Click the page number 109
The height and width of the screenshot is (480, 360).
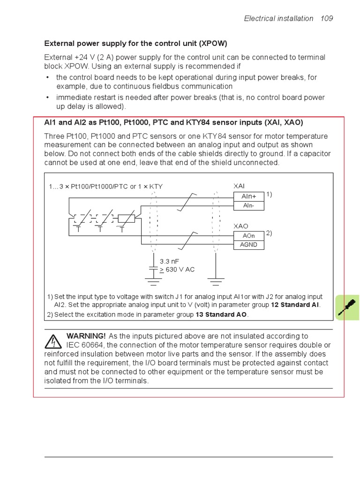point(327,19)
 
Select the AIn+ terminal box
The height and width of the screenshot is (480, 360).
point(248,197)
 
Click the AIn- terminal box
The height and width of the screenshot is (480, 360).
point(248,206)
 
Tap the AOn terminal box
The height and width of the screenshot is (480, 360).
point(248,236)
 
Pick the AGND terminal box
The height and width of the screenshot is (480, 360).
point(248,245)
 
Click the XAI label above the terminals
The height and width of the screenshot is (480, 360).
point(240,186)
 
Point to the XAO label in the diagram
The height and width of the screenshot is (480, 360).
point(240,226)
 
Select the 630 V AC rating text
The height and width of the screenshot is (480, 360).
point(178,270)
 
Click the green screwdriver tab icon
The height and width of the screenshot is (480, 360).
point(347,307)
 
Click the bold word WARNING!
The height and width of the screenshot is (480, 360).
point(86,336)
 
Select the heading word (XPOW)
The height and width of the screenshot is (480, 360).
point(213,44)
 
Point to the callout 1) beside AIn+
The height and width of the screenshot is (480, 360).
point(269,194)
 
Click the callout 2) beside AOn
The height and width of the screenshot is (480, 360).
point(269,233)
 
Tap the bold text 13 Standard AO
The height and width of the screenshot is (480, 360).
point(221,315)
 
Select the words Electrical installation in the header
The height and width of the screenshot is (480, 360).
point(278,19)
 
